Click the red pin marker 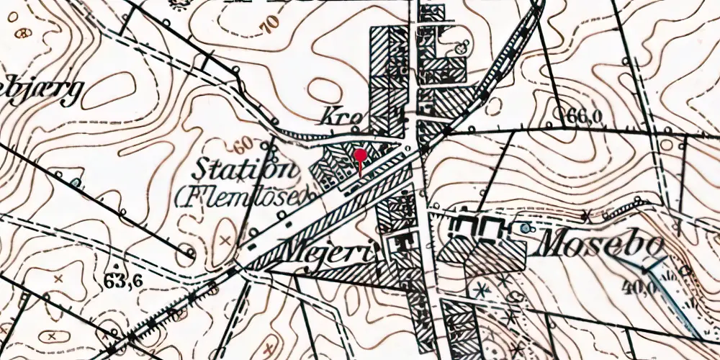point(361,155)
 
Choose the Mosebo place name point(600,246)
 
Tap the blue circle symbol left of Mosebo point(523,228)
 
